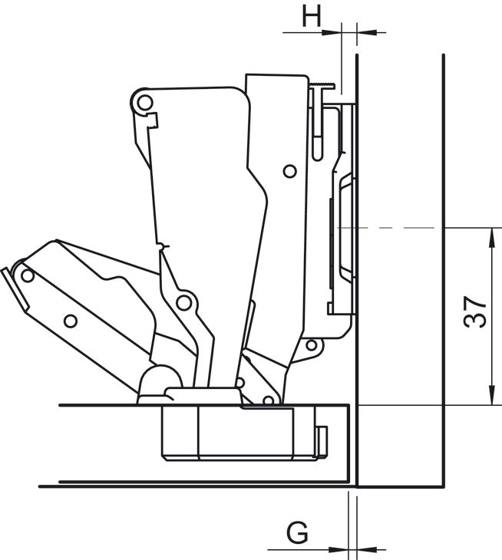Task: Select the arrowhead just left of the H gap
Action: tap(334, 32)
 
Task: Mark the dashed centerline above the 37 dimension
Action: tap(399, 228)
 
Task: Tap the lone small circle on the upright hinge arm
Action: tap(289, 171)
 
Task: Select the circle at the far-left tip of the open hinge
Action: tap(28, 274)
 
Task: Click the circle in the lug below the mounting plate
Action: tap(311, 345)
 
